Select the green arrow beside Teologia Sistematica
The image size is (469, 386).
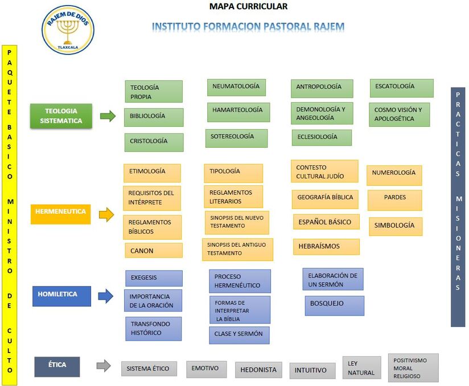pos(108,116)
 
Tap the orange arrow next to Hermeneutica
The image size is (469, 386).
pos(106,214)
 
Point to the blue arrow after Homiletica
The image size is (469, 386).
pos(106,296)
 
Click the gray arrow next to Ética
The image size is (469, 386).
pos(103,366)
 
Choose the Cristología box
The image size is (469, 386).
pos(154,142)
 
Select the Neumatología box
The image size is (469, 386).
pos(236,87)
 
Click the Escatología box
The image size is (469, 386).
pos(401,88)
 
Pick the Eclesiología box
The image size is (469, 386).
pos(322,138)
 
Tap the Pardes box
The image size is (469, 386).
pos(394,200)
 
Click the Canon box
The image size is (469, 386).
pos(154,251)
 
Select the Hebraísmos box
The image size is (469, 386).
pos(326,247)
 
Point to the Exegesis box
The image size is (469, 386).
pos(154,278)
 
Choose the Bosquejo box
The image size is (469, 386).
pos(334,305)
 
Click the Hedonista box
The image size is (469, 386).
pos(258,370)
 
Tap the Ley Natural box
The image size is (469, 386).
pos(361,368)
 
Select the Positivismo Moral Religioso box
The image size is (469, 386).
pos(414,368)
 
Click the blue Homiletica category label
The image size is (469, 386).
pos(61,295)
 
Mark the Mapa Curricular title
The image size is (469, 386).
pos(248,7)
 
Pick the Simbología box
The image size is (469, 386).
pos(395,226)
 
